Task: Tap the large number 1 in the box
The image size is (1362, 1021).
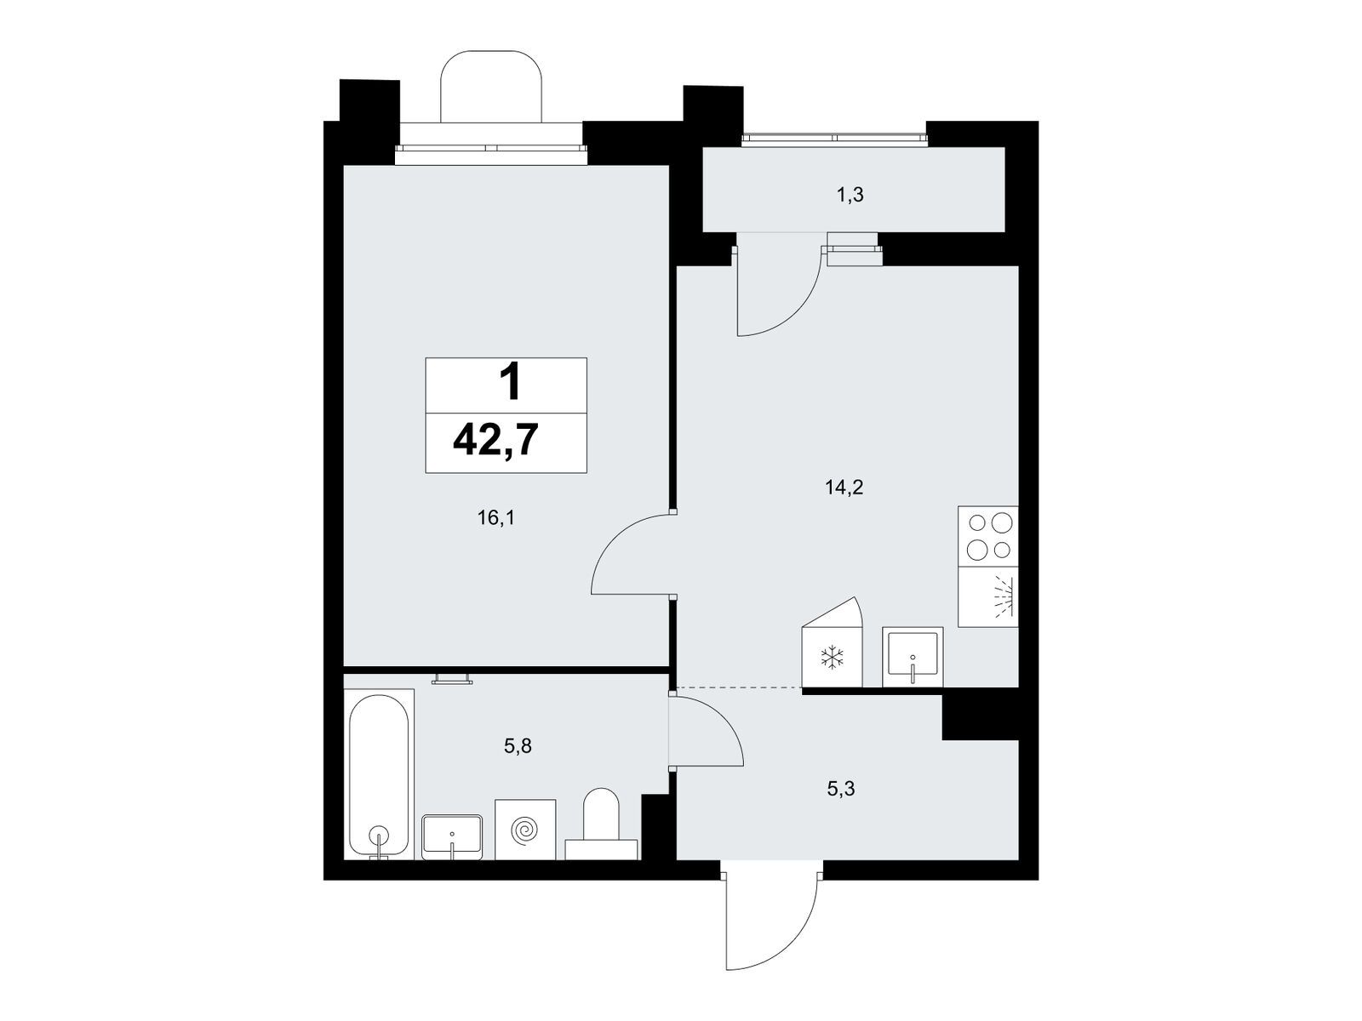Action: click(510, 384)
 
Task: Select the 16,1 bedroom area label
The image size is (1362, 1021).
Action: click(495, 517)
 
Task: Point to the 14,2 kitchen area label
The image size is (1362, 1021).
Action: click(844, 488)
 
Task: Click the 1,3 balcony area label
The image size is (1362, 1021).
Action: click(850, 196)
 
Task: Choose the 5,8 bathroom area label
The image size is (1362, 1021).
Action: click(518, 746)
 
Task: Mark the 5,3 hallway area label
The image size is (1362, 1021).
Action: click(841, 789)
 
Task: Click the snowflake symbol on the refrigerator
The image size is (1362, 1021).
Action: click(832, 658)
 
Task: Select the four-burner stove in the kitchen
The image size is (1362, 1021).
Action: click(987, 536)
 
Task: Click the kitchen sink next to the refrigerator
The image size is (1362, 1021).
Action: click(913, 657)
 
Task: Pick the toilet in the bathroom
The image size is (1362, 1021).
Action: click(601, 824)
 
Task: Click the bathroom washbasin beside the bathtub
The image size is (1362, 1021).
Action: click(452, 837)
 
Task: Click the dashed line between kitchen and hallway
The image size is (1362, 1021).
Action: click(738, 687)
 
